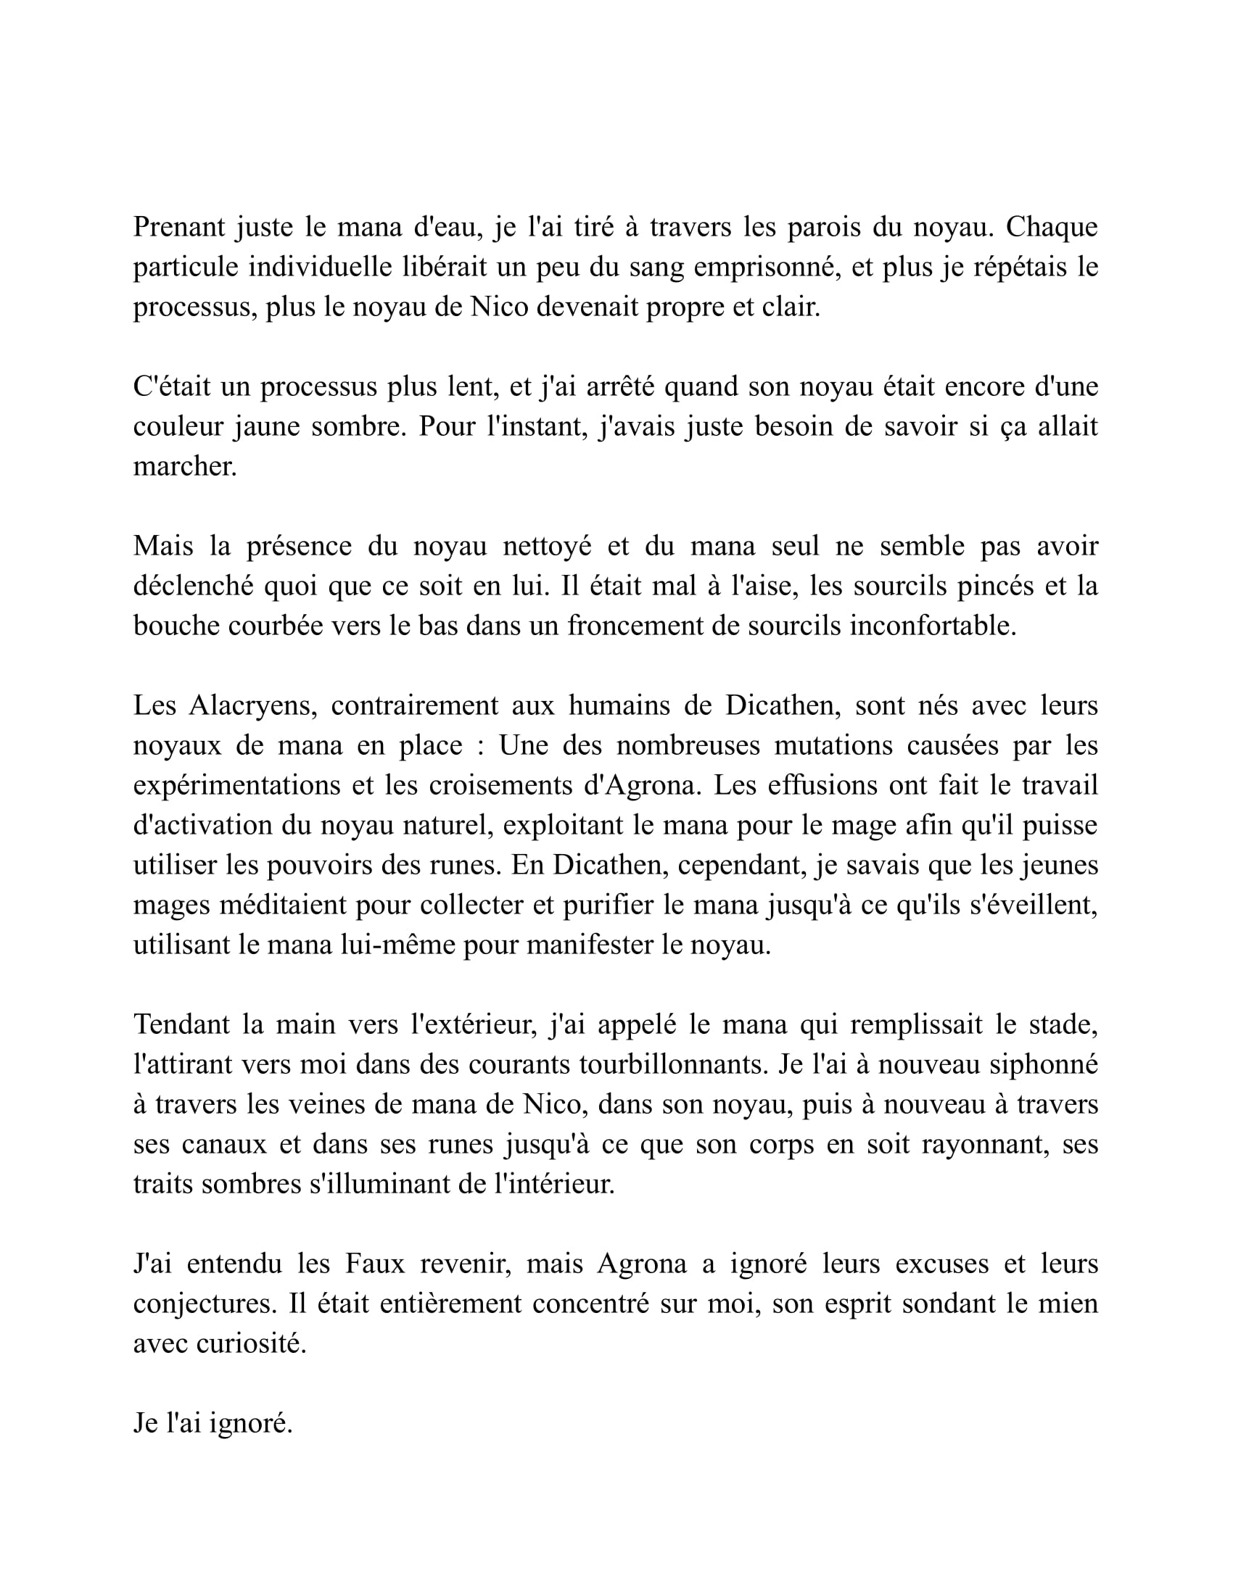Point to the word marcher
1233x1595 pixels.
[185, 467]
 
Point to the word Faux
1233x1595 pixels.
[375, 1264]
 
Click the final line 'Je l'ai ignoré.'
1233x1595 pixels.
[213, 1422]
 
